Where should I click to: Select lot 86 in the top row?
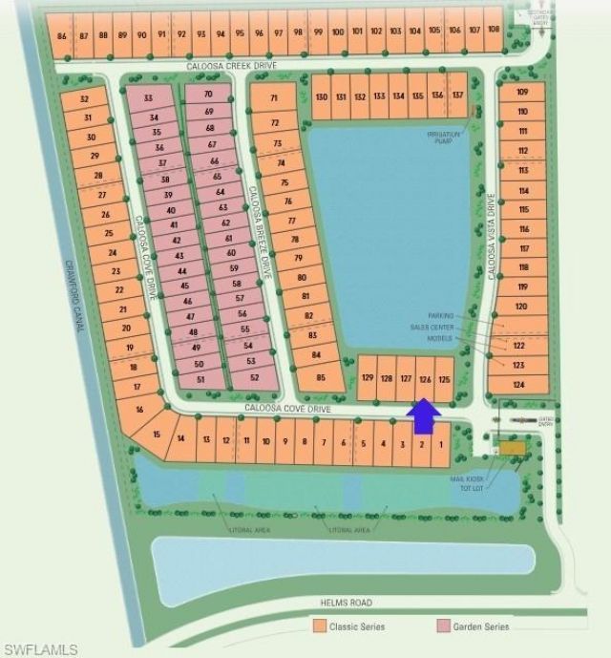point(63,35)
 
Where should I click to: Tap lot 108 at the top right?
point(493,30)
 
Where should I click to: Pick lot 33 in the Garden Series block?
point(147,98)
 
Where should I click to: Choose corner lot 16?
point(138,410)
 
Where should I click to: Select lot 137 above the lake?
point(457,96)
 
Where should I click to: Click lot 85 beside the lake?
point(321,378)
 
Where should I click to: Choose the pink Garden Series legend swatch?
point(442,626)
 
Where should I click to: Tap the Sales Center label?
point(432,327)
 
